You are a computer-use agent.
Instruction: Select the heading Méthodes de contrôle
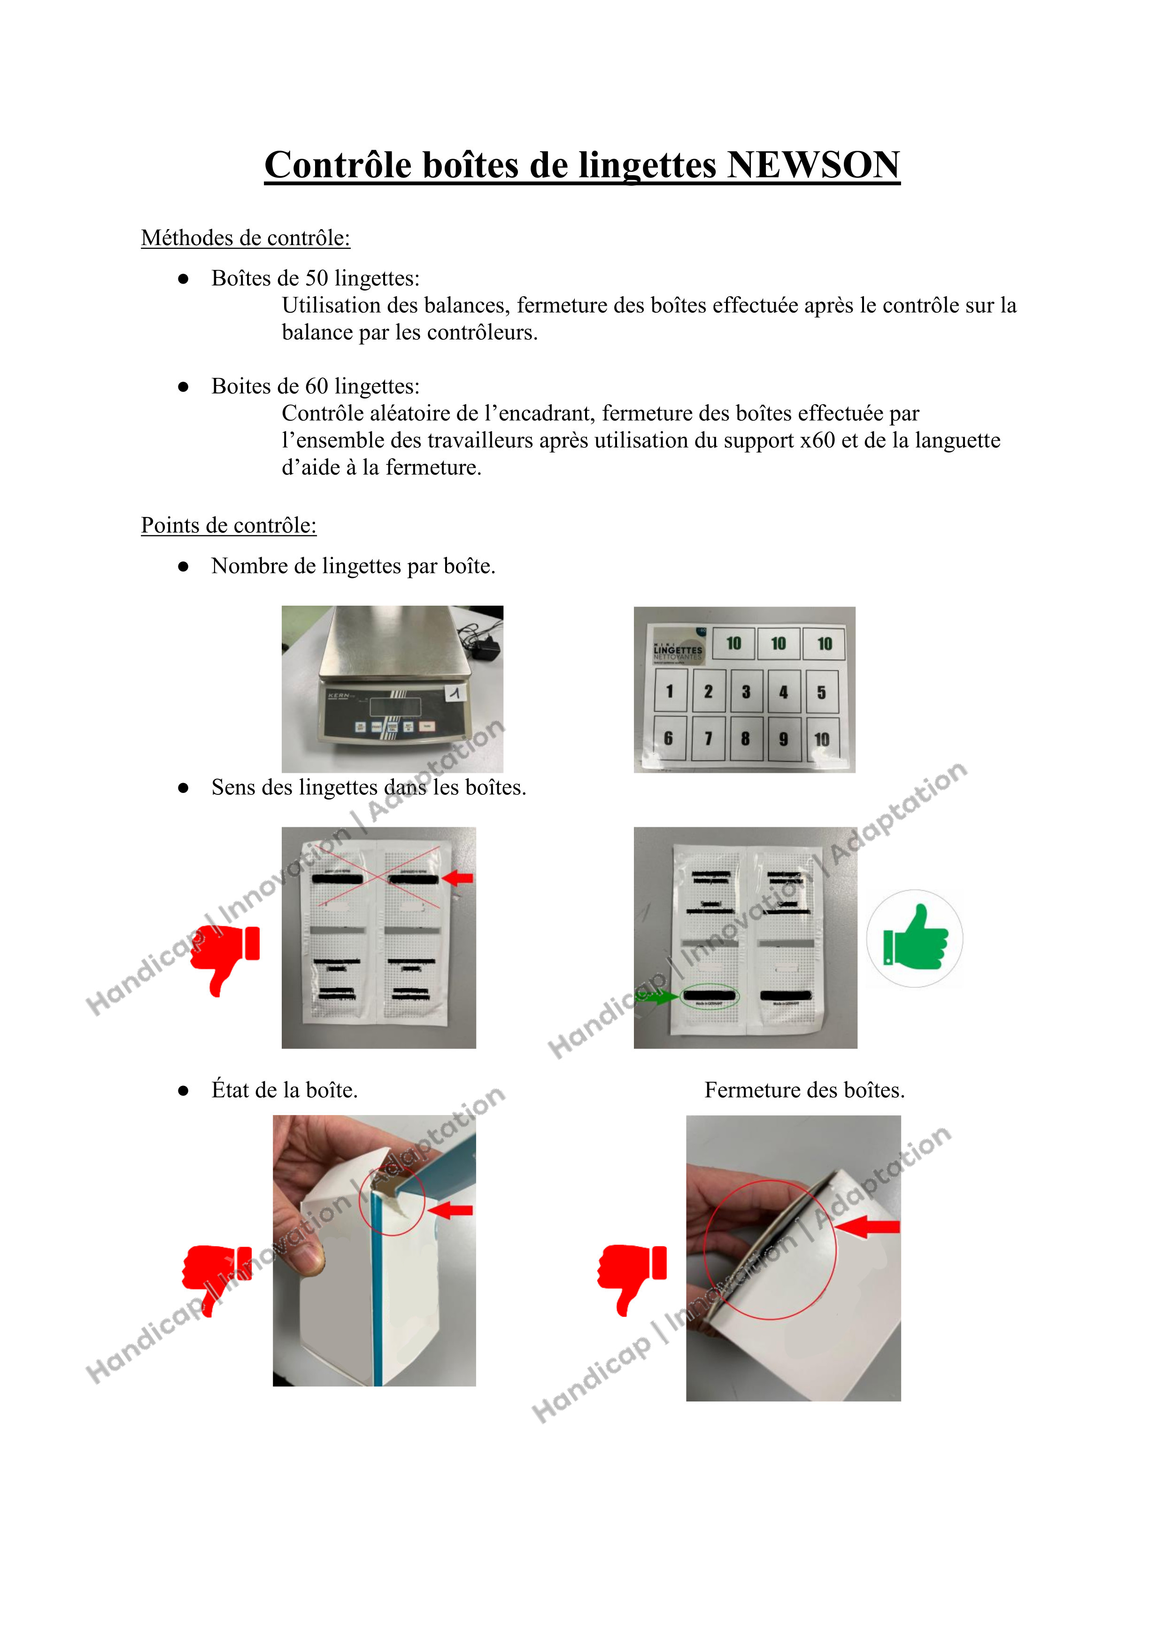[x=245, y=238]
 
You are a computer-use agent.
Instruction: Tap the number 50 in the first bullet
[x=317, y=278]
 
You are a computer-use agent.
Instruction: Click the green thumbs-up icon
[x=915, y=938]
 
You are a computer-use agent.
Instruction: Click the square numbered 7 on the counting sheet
[x=708, y=738]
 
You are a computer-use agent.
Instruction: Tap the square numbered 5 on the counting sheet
[x=821, y=692]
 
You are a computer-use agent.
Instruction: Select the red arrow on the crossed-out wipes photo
[x=459, y=877]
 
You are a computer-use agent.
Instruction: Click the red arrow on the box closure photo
[x=868, y=1227]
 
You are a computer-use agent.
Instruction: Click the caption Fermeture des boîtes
[x=804, y=1090]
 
